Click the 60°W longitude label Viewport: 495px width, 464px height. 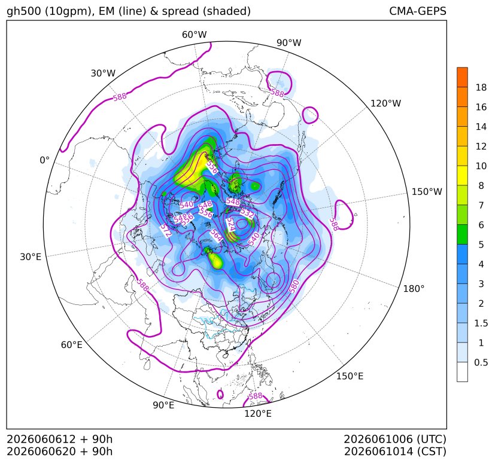pyautogui.click(x=194, y=35)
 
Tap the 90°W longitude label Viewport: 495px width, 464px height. pyautogui.click(x=289, y=42)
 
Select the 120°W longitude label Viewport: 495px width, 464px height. pyautogui.click(x=385, y=103)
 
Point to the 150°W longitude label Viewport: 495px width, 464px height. pyautogui.click(x=427, y=191)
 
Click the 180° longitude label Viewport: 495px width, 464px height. pyautogui.click(x=414, y=289)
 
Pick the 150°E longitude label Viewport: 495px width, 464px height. pyautogui.click(x=350, y=376)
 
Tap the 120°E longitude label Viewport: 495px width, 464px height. pyautogui.click(x=258, y=414)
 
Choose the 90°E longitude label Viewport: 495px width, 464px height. pyautogui.click(x=163, y=405)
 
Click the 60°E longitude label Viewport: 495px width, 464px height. pyautogui.click(x=72, y=345)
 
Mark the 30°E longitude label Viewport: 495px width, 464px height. pyautogui.click(x=31, y=257)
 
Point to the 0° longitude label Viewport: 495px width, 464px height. pyautogui.click(x=44, y=160)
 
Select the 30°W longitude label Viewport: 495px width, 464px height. pyautogui.click(x=103, y=73)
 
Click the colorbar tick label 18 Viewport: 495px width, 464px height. pyautogui.click(x=481, y=87)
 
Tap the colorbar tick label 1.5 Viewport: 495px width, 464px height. pyautogui.click(x=481, y=323)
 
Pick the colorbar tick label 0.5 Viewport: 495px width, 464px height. pyautogui.click(x=481, y=362)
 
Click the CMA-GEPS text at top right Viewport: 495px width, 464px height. pyautogui.click(x=418, y=11)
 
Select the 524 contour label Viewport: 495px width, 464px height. pyautogui.click(x=231, y=225)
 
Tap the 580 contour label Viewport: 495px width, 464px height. pyautogui.click(x=294, y=286)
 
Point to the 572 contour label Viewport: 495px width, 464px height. pyautogui.click(x=166, y=231)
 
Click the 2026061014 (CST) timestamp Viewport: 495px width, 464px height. pyautogui.click(x=395, y=451)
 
